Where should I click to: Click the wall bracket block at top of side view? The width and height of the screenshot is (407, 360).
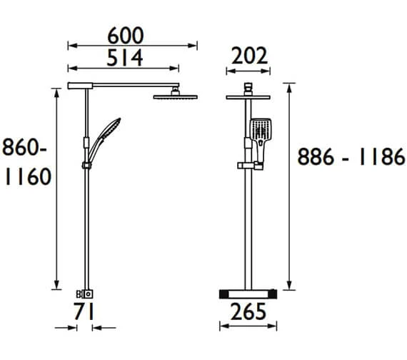78,86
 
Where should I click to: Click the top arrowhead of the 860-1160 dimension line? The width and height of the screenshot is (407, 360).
56,89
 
